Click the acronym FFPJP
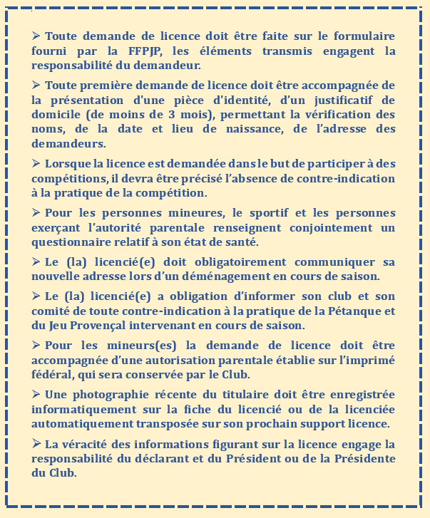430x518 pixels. tap(148, 51)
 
